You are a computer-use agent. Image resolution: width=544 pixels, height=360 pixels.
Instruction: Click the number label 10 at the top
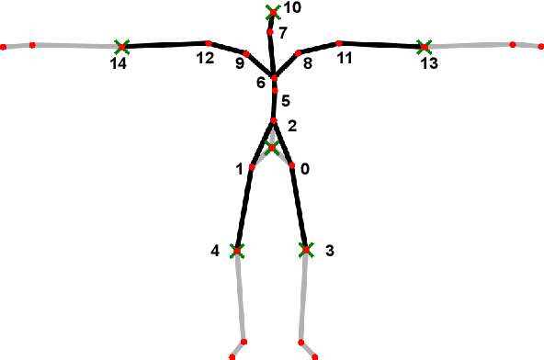(292, 7)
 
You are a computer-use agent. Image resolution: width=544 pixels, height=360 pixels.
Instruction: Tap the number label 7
(282, 32)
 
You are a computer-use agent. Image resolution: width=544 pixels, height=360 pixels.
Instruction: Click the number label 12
(204, 59)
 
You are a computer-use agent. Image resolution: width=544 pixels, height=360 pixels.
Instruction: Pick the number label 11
(345, 59)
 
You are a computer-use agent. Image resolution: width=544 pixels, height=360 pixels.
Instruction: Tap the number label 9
(240, 63)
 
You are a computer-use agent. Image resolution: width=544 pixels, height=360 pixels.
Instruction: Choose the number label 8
(307, 63)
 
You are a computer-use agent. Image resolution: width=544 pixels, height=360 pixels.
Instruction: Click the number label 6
(261, 84)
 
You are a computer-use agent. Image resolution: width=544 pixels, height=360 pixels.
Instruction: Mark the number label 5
(285, 100)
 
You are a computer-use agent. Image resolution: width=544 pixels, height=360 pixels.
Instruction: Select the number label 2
(292, 126)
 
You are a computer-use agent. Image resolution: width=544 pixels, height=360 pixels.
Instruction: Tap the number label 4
(215, 250)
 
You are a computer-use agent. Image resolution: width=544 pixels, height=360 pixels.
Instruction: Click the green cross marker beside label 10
(271, 11)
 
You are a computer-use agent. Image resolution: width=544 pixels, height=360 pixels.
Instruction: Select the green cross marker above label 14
(121, 45)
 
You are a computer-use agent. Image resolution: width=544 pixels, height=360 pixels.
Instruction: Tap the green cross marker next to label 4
(236, 250)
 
